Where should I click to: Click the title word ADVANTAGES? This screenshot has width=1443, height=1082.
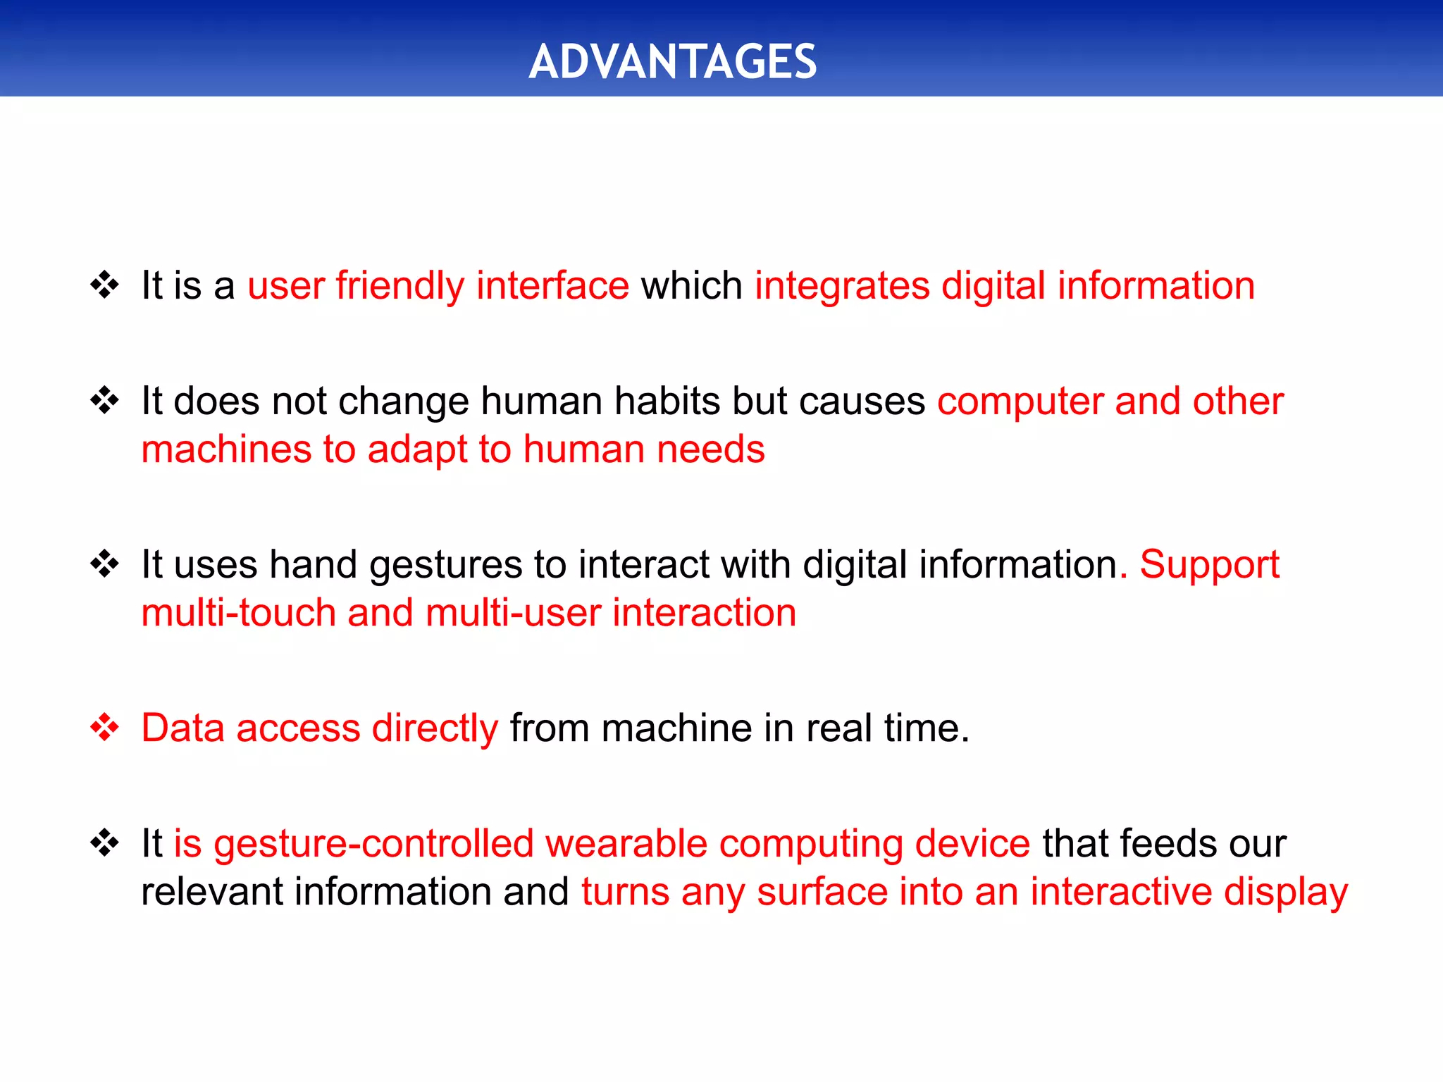[x=672, y=62]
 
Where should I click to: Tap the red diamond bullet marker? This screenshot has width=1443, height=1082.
[x=105, y=727]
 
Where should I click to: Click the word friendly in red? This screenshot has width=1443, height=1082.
[x=400, y=286]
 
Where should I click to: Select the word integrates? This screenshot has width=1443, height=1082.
[x=842, y=286]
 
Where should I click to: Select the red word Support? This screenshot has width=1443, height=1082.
[x=1209, y=565]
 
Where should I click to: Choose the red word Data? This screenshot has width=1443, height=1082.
[x=182, y=728]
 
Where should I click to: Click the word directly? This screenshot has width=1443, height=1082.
[x=435, y=728]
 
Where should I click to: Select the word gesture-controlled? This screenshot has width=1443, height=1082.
[x=373, y=844]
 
